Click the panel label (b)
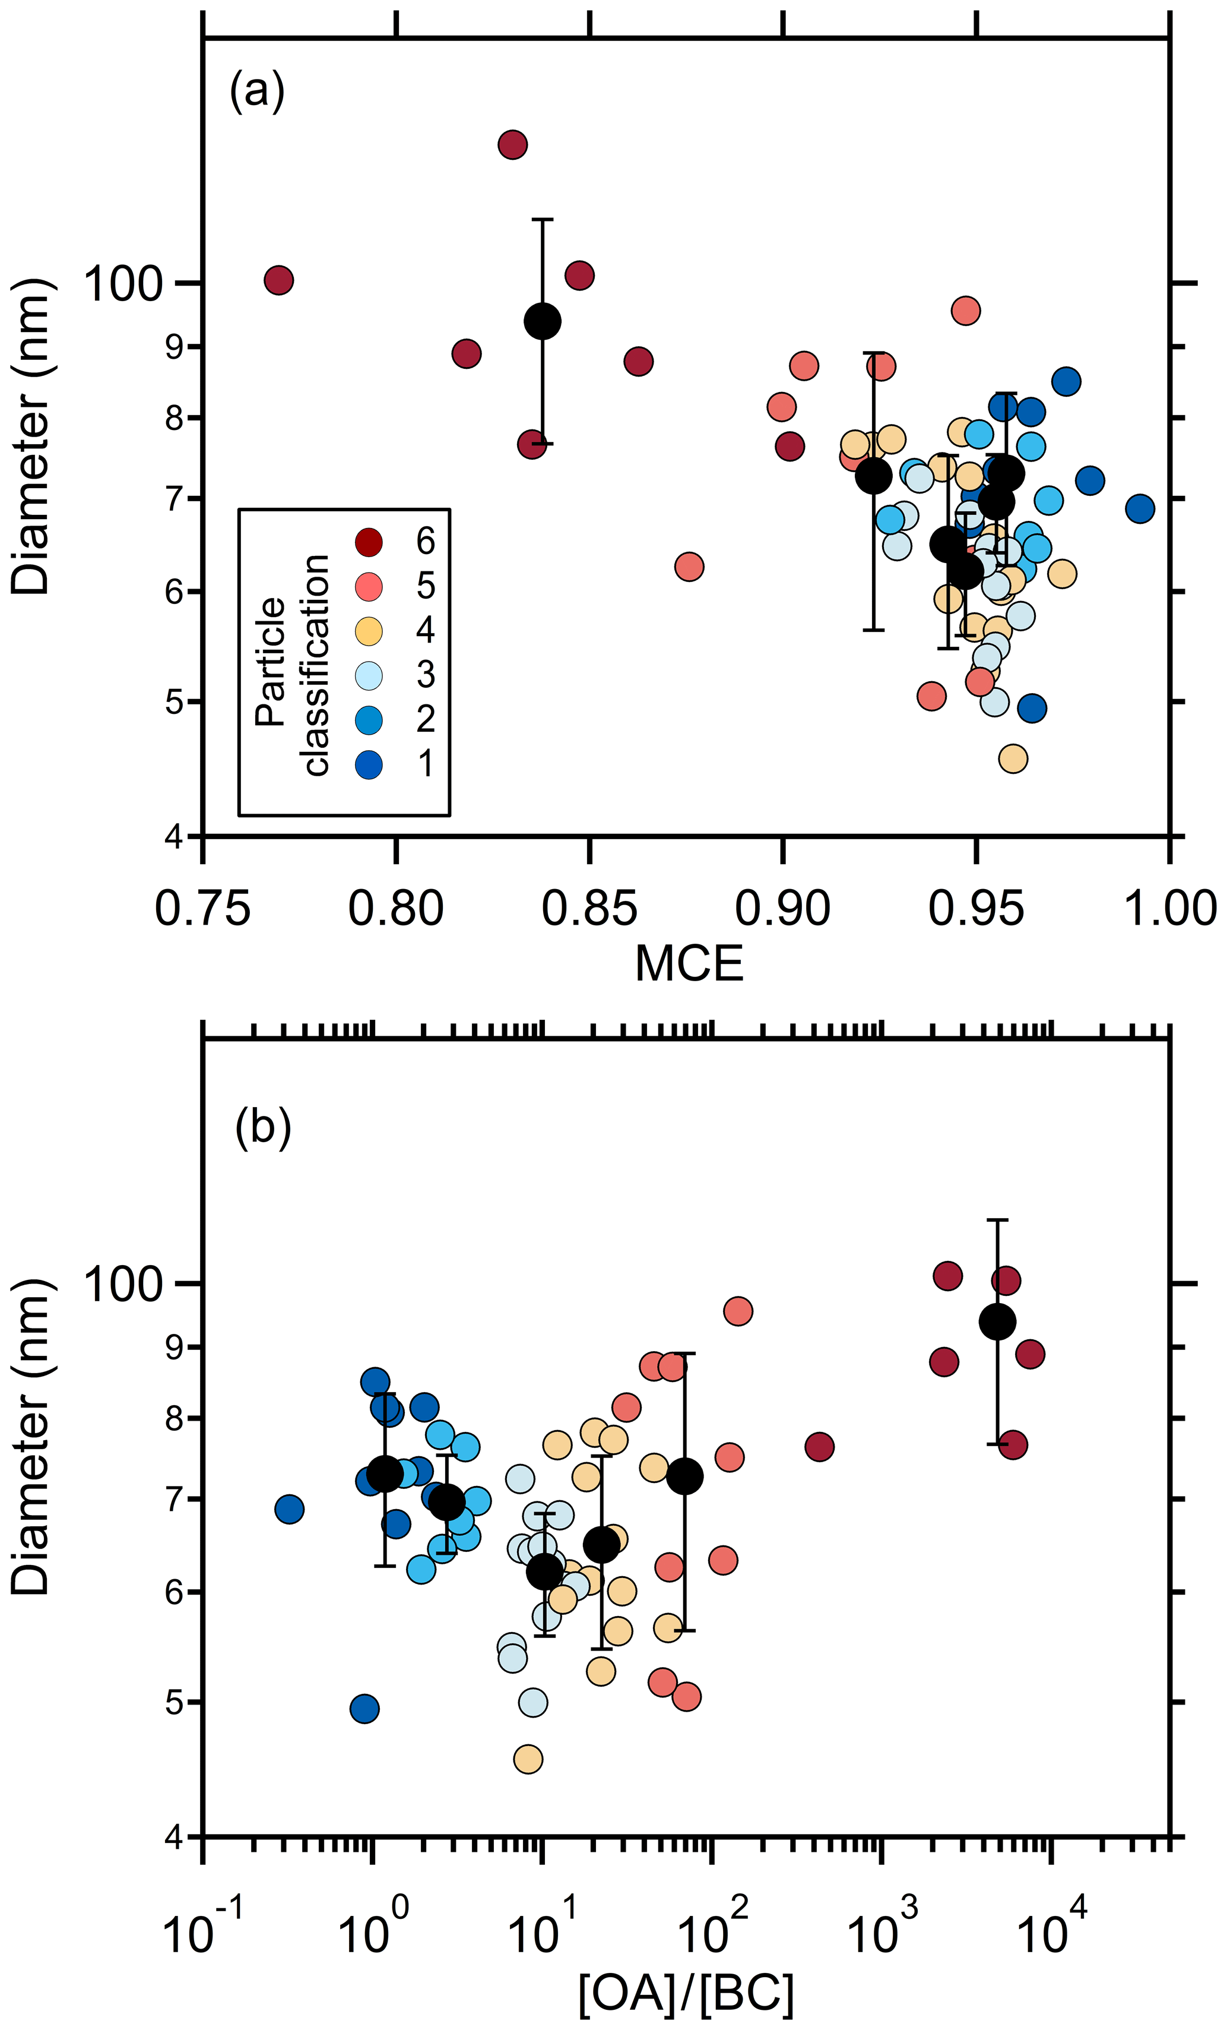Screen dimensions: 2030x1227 tap(263, 1128)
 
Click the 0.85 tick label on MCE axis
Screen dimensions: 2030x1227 tap(589, 909)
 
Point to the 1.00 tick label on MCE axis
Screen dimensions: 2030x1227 tap(1169, 909)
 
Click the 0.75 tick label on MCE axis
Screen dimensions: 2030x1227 tap(202, 909)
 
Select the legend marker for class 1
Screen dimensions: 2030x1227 tap(369, 764)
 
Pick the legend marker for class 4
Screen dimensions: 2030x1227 tap(369, 630)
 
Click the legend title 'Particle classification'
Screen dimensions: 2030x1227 tap(292, 664)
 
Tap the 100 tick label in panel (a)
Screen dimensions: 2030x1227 tap(123, 284)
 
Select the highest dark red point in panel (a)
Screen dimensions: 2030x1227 tap(512, 144)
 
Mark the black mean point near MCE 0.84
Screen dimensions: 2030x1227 tap(543, 321)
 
